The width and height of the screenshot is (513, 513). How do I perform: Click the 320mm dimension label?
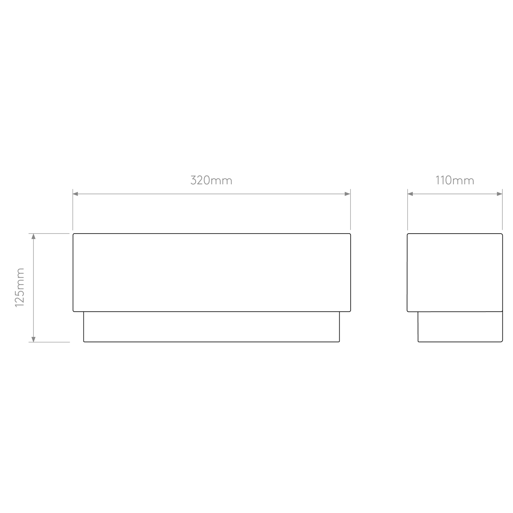(211, 180)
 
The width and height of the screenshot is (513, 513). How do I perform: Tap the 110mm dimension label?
(455, 180)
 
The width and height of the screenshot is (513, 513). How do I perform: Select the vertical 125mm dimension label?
(20, 288)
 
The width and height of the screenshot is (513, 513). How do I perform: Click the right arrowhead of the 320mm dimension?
(347, 194)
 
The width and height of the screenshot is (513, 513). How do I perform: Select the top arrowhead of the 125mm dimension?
(33, 237)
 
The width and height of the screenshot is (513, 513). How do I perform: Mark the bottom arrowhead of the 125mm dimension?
(33, 338)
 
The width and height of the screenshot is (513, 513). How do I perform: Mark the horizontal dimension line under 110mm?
(455, 194)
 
